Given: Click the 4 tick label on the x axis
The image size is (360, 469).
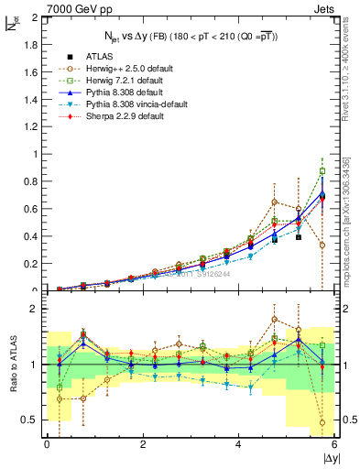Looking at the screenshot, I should click(239, 444).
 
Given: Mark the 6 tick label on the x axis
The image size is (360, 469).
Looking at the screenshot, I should click(335, 444).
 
